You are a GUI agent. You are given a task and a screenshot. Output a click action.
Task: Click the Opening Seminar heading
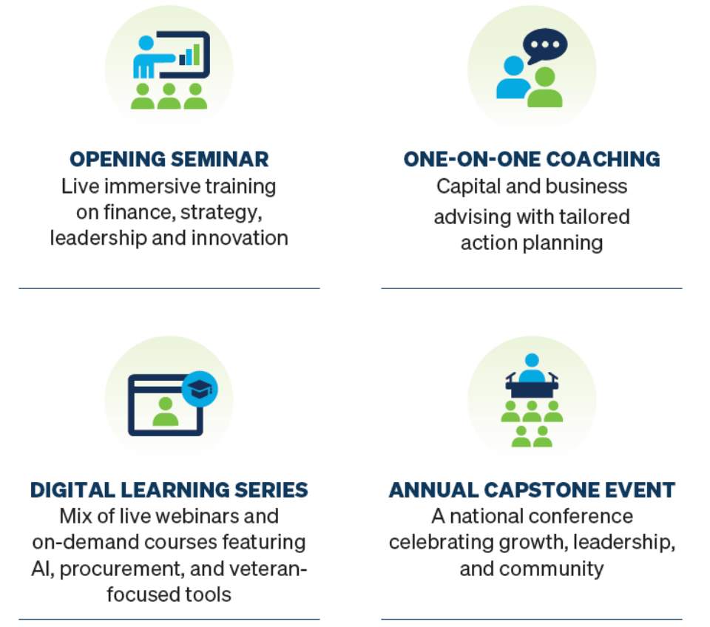pyautogui.click(x=169, y=160)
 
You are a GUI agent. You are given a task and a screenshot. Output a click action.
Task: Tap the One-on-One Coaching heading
pyautogui.click(x=532, y=160)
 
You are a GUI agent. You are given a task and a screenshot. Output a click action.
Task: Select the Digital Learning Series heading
pyautogui.click(x=169, y=489)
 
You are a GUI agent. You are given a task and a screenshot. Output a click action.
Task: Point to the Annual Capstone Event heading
pyautogui.click(x=532, y=489)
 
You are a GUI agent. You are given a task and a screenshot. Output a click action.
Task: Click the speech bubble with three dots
pyautogui.click(x=545, y=45)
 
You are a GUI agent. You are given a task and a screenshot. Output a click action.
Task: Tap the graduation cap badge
pyautogui.click(x=200, y=389)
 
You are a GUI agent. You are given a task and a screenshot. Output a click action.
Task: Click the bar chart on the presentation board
pyautogui.click(x=190, y=55)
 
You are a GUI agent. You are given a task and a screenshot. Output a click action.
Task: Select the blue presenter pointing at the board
pyautogui.click(x=149, y=57)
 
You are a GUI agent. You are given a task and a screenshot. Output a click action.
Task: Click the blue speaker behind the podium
pyautogui.click(x=532, y=367)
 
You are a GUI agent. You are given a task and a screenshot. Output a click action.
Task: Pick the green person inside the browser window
pyautogui.click(x=165, y=412)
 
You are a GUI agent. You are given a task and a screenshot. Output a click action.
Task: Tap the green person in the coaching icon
pyautogui.click(x=545, y=87)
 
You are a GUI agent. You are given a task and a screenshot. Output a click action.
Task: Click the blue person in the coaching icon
pyautogui.click(x=513, y=78)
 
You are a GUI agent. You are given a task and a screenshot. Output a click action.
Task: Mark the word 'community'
pyautogui.click(x=552, y=569)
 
